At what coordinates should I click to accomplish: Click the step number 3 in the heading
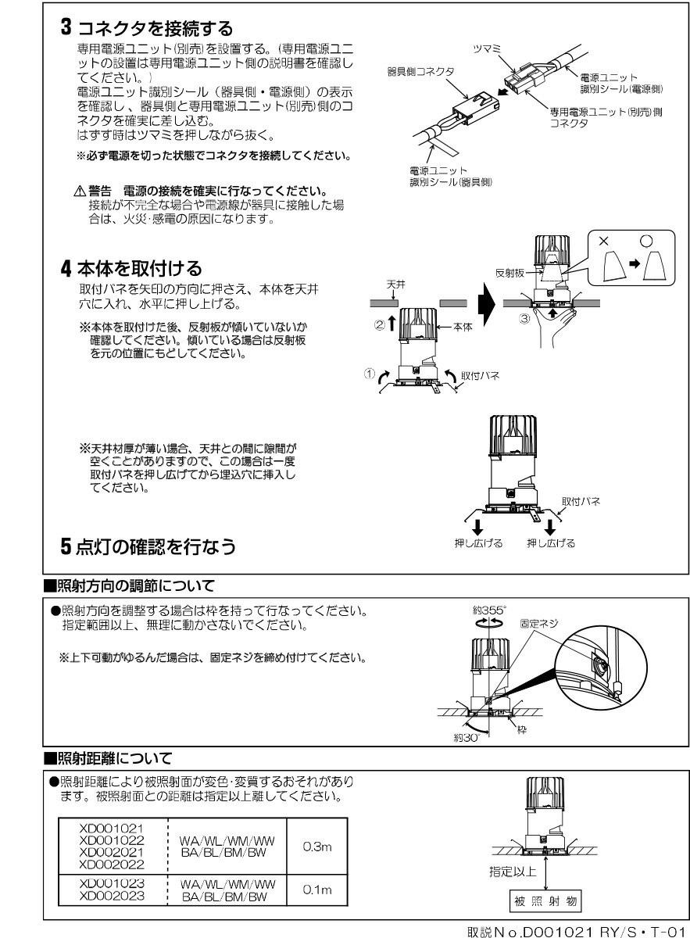tap(67, 28)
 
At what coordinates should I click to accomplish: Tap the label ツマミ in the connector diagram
tap(489, 48)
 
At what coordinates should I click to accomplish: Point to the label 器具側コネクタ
tap(420, 70)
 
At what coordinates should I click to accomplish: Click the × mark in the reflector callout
tap(602, 242)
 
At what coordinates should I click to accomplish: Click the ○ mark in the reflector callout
tap(645, 242)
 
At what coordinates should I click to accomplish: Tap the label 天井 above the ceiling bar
tap(395, 287)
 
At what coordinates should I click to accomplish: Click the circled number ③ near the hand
tap(524, 320)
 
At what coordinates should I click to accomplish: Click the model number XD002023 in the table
tap(112, 897)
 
